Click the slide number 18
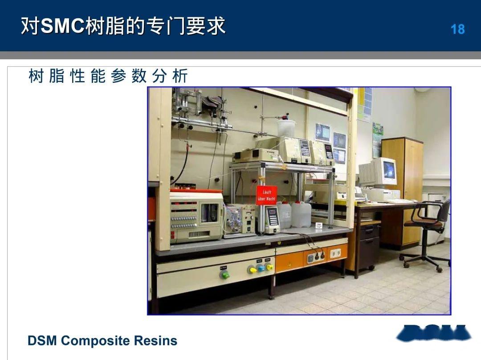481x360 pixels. coord(457,29)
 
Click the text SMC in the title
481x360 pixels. coord(62,26)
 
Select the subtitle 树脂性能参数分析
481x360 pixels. coord(108,77)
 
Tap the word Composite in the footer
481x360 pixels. coord(94,341)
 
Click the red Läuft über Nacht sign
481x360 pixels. coord(266,195)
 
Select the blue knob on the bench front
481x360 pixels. coord(261,268)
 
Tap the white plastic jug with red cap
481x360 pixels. coord(302,214)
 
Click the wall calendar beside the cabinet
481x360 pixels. coord(377,139)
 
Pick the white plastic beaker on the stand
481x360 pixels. coord(286,127)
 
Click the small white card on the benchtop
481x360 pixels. coord(319,225)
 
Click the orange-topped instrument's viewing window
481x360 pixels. coord(209,213)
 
